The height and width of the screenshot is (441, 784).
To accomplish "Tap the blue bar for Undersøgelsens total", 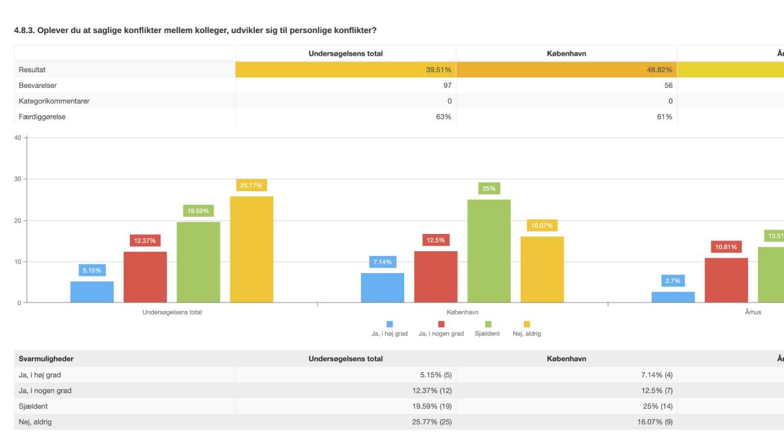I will [92, 292].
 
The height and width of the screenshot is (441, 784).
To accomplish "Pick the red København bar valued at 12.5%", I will [435, 277].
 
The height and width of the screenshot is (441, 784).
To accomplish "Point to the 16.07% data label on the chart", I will [541, 225].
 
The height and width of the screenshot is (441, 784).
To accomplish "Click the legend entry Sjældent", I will [487, 334].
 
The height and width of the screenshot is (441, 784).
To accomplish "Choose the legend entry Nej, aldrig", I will [526, 334].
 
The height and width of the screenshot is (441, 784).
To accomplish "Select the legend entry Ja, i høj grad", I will [389, 334].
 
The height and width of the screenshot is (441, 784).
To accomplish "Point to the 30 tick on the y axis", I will [18, 179].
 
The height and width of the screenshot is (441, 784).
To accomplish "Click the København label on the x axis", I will [462, 312].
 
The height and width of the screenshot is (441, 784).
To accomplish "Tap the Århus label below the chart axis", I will [753, 312].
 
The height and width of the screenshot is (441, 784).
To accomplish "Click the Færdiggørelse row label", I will [42, 116].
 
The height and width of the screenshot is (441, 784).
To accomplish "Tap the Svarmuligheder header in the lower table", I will [46, 359].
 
